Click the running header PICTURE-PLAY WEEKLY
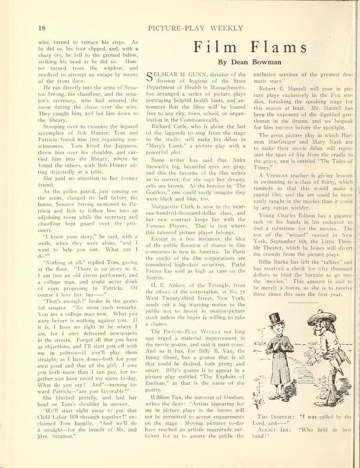point(196,28)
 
